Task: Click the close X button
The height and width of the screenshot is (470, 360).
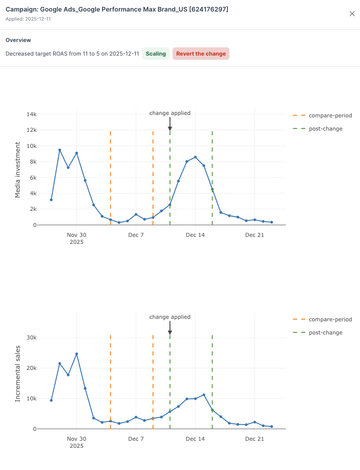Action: point(352,14)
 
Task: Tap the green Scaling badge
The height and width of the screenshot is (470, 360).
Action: point(156,54)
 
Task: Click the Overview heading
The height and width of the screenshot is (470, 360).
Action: point(18,40)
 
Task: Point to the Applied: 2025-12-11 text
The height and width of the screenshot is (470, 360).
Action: point(28,19)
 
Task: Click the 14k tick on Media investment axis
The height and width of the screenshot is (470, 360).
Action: point(31,114)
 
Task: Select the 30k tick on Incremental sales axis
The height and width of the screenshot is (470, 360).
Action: point(31,337)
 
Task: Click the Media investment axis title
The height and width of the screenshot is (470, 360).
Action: point(18,170)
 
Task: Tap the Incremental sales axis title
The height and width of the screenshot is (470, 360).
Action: point(18,374)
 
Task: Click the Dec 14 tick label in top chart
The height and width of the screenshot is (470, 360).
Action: point(195,235)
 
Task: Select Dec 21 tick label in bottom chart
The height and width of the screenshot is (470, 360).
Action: point(255,439)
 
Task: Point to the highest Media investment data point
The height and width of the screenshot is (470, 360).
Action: point(60,150)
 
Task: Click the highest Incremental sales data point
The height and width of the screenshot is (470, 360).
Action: point(77,354)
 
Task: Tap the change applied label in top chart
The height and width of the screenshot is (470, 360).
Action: point(170,113)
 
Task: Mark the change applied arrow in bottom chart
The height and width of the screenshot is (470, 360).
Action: point(170,328)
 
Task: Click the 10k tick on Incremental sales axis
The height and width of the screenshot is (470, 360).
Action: point(31,398)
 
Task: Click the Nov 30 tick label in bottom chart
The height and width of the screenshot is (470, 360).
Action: point(77,439)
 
